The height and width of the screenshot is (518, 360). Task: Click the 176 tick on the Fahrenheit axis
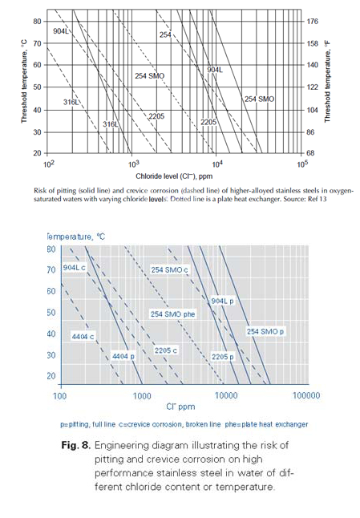(313, 22)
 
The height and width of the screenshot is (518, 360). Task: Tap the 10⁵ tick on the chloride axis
(302, 164)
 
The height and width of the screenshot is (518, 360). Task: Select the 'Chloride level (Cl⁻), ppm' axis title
(174, 176)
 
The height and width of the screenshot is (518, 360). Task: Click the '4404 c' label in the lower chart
(83, 337)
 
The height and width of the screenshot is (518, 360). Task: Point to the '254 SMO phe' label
(172, 314)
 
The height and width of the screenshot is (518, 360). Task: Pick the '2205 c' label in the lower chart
(166, 350)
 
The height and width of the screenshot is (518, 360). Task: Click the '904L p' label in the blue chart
(223, 301)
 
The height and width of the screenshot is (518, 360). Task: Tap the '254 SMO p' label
(265, 331)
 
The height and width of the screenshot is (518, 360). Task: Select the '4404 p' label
(123, 357)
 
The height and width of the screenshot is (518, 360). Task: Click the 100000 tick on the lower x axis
(306, 395)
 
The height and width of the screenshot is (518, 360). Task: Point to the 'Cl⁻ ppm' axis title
(180, 407)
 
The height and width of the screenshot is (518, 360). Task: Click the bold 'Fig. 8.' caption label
(75, 445)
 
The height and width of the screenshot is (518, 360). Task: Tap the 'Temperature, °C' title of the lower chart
(76, 237)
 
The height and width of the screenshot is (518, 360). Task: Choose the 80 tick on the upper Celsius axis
(38, 22)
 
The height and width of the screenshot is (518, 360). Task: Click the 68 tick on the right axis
(311, 153)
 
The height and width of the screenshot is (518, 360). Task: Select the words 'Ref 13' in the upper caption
(317, 199)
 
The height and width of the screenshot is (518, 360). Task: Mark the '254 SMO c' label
(170, 270)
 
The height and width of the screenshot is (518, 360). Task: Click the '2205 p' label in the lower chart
(223, 357)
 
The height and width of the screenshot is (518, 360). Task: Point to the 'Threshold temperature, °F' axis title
(327, 82)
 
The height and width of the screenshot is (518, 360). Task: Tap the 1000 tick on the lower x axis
(142, 395)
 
